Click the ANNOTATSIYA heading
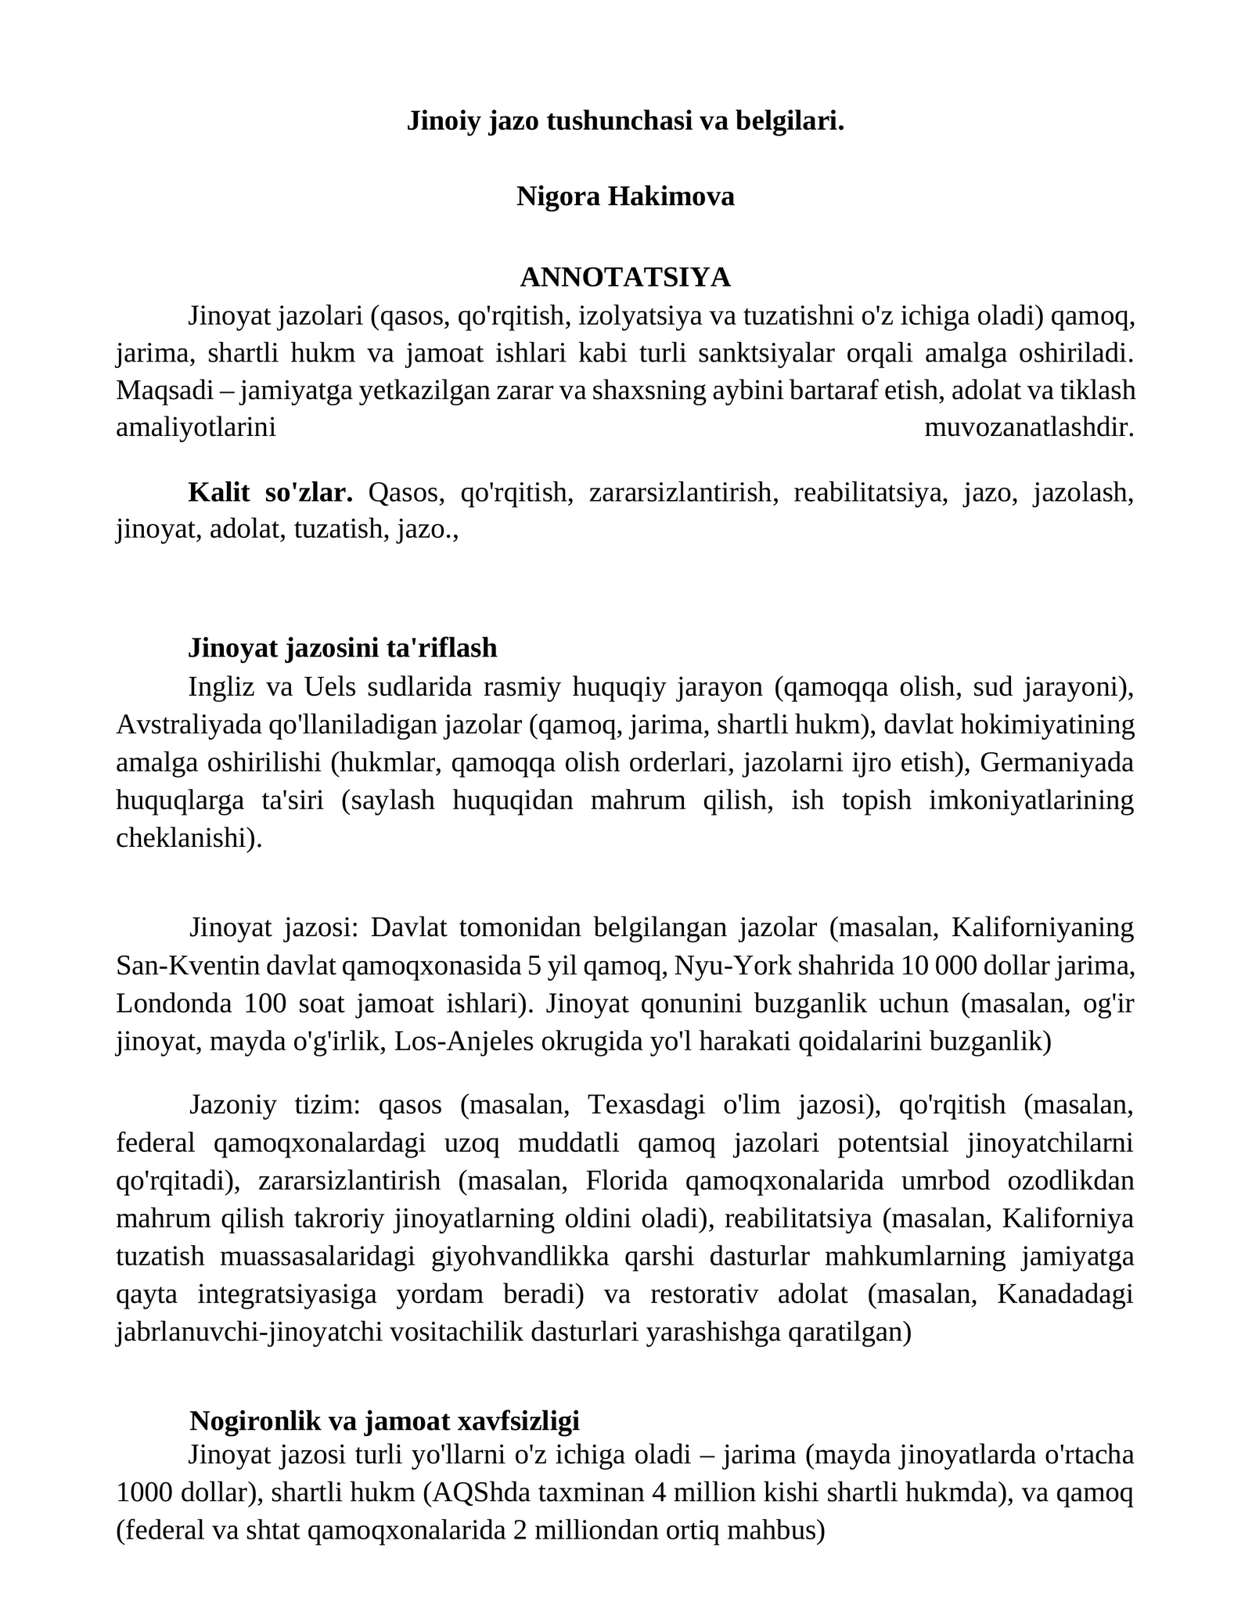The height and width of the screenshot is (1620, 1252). [x=625, y=277]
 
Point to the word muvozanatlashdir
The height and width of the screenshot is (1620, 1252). [x=1029, y=428]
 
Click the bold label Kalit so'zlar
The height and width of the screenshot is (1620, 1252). [x=271, y=493]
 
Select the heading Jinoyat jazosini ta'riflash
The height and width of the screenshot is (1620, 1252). [x=343, y=648]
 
